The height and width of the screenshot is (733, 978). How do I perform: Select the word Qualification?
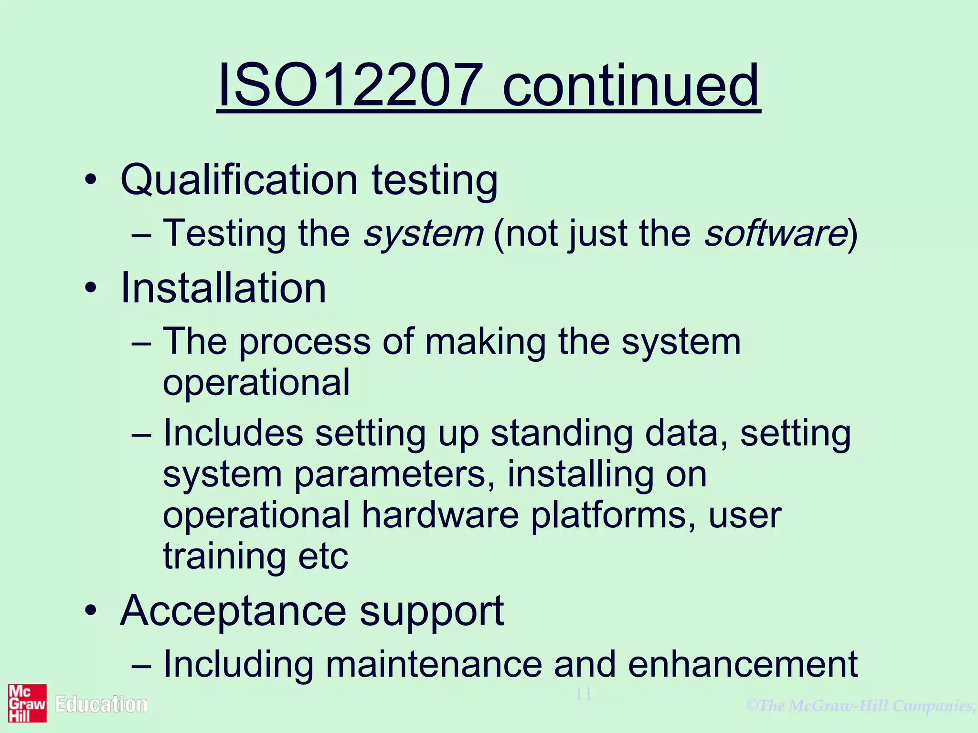[239, 180]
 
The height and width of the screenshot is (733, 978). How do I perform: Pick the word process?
[305, 343]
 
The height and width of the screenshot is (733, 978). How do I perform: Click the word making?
[485, 343]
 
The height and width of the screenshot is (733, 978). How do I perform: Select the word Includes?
[233, 433]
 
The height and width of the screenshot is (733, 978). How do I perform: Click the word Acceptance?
[233, 612]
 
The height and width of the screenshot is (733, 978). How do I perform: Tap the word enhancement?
[743, 664]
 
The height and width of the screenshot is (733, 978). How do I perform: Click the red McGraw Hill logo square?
[27, 703]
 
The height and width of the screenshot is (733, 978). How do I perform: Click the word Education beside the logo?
[101, 705]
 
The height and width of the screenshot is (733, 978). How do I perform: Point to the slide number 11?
[584, 694]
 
